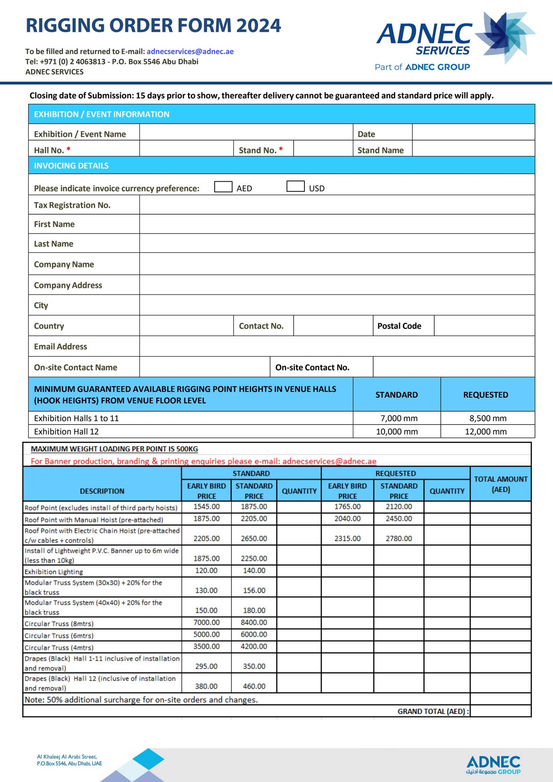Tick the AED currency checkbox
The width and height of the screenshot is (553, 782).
[223, 187]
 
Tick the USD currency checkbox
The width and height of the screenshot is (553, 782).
[295, 187]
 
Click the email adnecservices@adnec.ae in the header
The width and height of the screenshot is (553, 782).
[190, 52]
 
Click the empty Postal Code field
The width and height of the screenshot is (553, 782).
[484, 326]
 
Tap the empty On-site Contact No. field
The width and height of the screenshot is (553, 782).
[453, 367]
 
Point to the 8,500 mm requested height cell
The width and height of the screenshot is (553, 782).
[488, 418]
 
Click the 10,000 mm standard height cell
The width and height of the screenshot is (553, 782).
[397, 431]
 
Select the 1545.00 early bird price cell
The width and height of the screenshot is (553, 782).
[207, 507]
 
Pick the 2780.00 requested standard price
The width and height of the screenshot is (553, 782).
[399, 538]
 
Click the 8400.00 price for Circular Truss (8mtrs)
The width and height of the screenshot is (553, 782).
[254, 622]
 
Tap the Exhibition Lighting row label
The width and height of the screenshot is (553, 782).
[54, 572]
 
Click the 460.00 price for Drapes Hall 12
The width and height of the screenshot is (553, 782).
[254, 686]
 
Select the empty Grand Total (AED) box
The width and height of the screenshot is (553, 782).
[500, 711]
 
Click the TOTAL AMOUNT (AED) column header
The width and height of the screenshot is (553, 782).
[500, 484]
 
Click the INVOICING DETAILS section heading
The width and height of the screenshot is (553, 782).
[71, 166]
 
